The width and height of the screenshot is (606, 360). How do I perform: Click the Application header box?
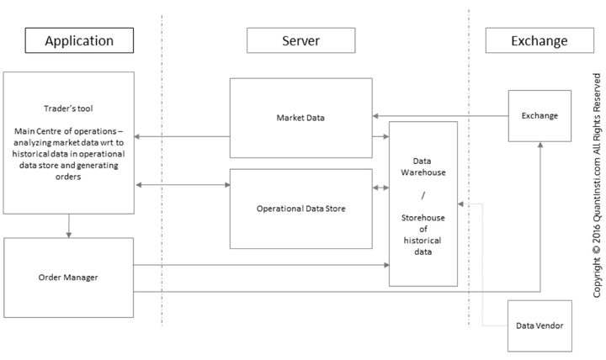[x=79, y=40]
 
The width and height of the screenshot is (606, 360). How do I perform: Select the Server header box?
[x=300, y=40]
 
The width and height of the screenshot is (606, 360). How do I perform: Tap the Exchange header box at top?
[x=539, y=40]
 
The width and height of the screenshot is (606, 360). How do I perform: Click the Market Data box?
[x=300, y=117]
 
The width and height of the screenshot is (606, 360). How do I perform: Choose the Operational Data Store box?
[x=300, y=209]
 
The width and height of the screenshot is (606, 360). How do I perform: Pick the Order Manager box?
[x=68, y=277]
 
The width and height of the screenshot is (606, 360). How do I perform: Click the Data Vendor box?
[x=539, y=326]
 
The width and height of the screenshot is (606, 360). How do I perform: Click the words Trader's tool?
[x=68, y=108]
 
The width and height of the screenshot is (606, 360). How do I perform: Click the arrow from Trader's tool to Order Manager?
[x=68, y=225]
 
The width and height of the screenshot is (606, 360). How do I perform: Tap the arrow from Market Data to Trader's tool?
[x=181, y=135]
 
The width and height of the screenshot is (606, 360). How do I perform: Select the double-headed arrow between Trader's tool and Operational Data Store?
[x=181, y=183]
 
